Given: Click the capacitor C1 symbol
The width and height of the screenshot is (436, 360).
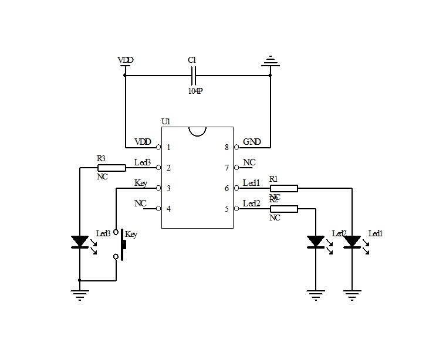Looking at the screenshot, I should tap(195, 75).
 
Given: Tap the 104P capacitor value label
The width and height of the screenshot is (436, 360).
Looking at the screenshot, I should tap(195, 91).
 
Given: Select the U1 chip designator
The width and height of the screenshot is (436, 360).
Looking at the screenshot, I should tap(165, 122).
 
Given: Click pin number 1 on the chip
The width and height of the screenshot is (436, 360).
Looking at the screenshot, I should tap(168, 147).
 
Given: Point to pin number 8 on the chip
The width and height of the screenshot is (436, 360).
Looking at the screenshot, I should tap(227, 147).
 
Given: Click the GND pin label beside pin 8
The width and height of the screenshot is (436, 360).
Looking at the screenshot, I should tap(252, 142).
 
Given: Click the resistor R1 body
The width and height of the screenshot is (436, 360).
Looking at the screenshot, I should tap(284, 188).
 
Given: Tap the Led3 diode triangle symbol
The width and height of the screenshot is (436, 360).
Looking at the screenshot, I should tap(80, 241).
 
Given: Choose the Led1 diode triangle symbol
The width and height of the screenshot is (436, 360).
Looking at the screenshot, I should tap(352, 241).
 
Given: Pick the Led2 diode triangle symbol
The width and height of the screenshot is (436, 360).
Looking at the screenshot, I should tap(316, 241).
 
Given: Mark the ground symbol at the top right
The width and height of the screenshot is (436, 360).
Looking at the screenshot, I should tap(270, 60).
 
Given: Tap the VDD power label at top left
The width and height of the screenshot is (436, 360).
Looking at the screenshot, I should tap(125, 60).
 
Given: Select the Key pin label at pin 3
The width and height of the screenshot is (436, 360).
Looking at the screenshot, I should tap(141, 183).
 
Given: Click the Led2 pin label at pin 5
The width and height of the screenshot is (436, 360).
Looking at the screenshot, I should tap(251, 203).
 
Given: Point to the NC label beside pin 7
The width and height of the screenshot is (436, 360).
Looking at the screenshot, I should tap(249, 162).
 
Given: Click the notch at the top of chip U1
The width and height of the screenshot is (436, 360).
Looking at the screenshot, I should tap(197, 131).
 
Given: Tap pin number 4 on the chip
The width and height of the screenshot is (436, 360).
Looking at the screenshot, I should tap(168, 208).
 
